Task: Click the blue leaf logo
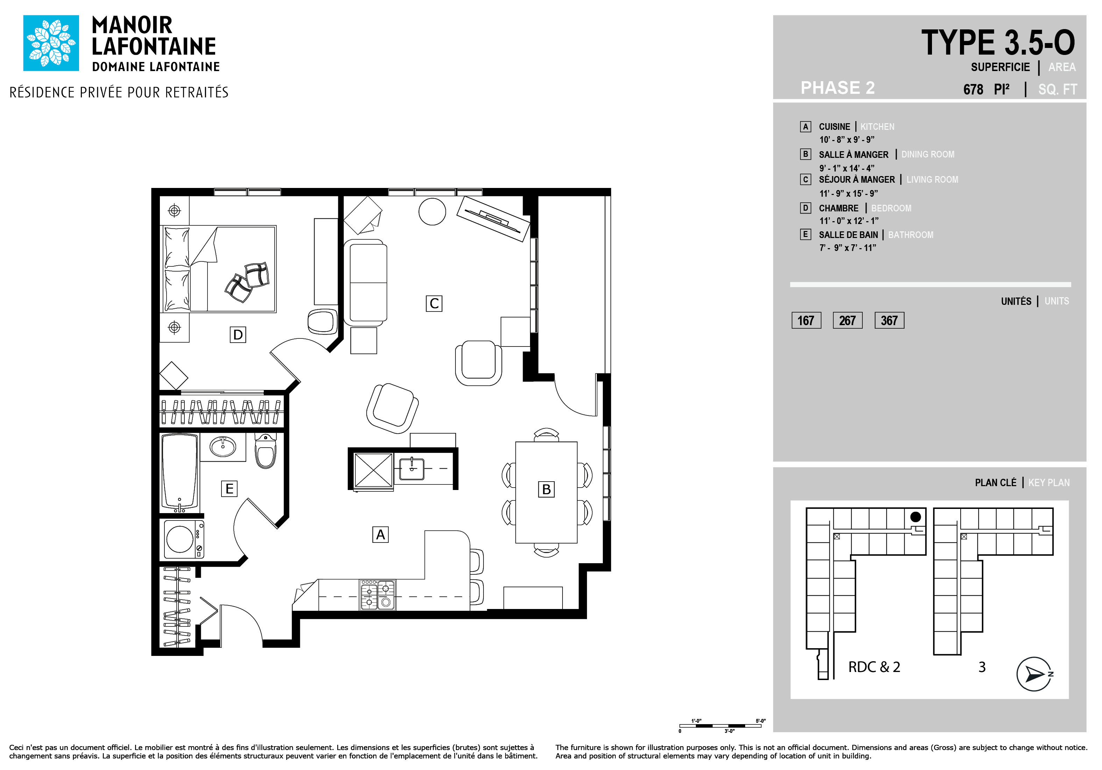tap(51, 43)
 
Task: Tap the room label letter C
tap(434, 303)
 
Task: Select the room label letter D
tap(238, 335)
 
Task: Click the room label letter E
tap(229, 489)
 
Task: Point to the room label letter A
tap(381, 534)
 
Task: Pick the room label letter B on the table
tap(546, 489)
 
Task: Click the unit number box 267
tap(847, 320)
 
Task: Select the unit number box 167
tap(806, 320)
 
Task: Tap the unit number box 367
tap(889, 320)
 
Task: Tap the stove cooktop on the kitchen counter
tap(378, 595)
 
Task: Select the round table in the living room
tap(432, 211)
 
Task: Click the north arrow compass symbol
tap(1034, 674)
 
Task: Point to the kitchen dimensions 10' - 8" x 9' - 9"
tap(847, 140)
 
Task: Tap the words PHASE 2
tap(838, 88)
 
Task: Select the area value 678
tap(973, 90)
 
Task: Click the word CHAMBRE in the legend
tap(839, 208)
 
